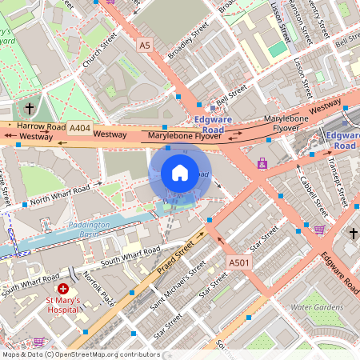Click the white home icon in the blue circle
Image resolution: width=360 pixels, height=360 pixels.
point(180,173)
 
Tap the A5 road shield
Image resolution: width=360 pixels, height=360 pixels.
point(144,46)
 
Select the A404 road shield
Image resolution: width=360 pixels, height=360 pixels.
point(79,128)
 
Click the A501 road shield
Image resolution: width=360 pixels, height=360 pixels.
point(238,262)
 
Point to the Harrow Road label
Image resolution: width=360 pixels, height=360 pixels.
point(42,126)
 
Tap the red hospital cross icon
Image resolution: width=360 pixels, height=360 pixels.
point(62,287)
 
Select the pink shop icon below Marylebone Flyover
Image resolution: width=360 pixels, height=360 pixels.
point(262,163)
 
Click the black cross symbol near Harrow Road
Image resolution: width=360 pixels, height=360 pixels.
point(30,106)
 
